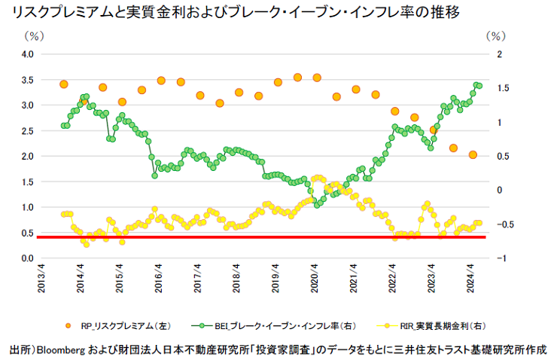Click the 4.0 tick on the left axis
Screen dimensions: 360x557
pyautogui.click(x=27, y=54)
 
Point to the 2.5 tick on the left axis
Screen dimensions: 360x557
pyautogui.click(x=27, y=131)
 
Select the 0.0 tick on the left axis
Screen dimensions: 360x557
pyautogui.click(x=27, y=258)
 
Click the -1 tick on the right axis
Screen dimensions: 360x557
pyautogui.click(x=502, y=258)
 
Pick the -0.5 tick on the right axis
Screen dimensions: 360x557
pyautogui.click(x=506, y=224)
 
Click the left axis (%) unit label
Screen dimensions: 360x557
pyautogui.click(x=33, y=35)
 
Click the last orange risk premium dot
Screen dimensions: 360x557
pyautogui.click(x=473, y=155)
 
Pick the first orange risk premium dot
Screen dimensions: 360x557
pyautogui.click(x=64, y=84)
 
